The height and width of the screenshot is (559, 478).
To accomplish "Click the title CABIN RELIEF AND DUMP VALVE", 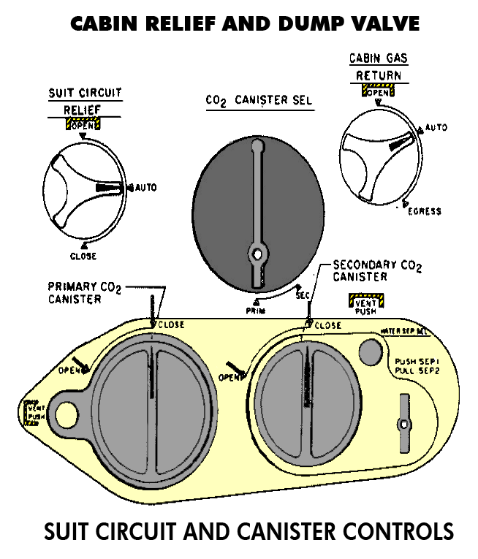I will [245, 23].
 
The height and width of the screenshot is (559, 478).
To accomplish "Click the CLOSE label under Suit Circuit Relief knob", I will [83, 256].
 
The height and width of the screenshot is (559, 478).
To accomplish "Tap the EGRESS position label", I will [425, 211].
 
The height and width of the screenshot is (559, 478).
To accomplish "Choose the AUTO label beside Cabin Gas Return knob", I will [436, 128].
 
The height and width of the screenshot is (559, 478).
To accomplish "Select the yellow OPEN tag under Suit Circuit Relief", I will [84, 125].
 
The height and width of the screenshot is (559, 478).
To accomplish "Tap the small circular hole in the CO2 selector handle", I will [256, 254].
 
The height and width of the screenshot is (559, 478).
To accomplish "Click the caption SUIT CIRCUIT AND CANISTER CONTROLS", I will [249, 531].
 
